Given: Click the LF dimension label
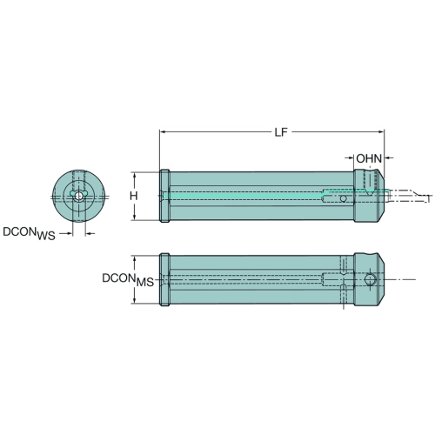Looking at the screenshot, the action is coord(281,132).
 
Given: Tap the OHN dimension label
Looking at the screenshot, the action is coord(369,158).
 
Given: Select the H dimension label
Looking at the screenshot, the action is coord(133,196).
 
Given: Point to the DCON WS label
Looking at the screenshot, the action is coord(29,233).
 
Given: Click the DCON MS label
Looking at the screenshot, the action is coord(128,279).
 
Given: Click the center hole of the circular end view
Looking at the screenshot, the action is coord(78,196).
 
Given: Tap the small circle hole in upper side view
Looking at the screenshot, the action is coord(343,198).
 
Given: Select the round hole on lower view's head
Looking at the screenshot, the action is coord(370,279).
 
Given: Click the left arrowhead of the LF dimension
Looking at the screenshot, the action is coord(163,132).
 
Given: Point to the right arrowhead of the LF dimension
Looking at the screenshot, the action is coord(381,132).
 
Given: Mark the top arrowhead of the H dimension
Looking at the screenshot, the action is coord(134,175).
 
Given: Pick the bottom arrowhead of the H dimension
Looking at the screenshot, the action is coord(134,217).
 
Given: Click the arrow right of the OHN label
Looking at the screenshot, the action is coord(389,158).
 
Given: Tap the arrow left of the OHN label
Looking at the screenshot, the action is coord(349,158).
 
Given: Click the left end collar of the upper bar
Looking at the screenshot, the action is coord(164,196).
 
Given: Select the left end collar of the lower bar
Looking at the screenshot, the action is coord(164,279).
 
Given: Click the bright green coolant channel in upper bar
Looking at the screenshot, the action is coord(246,196).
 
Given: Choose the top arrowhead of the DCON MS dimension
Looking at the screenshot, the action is coord(134,259).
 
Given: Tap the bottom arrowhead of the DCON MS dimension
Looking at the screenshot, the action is coord(134,300).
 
